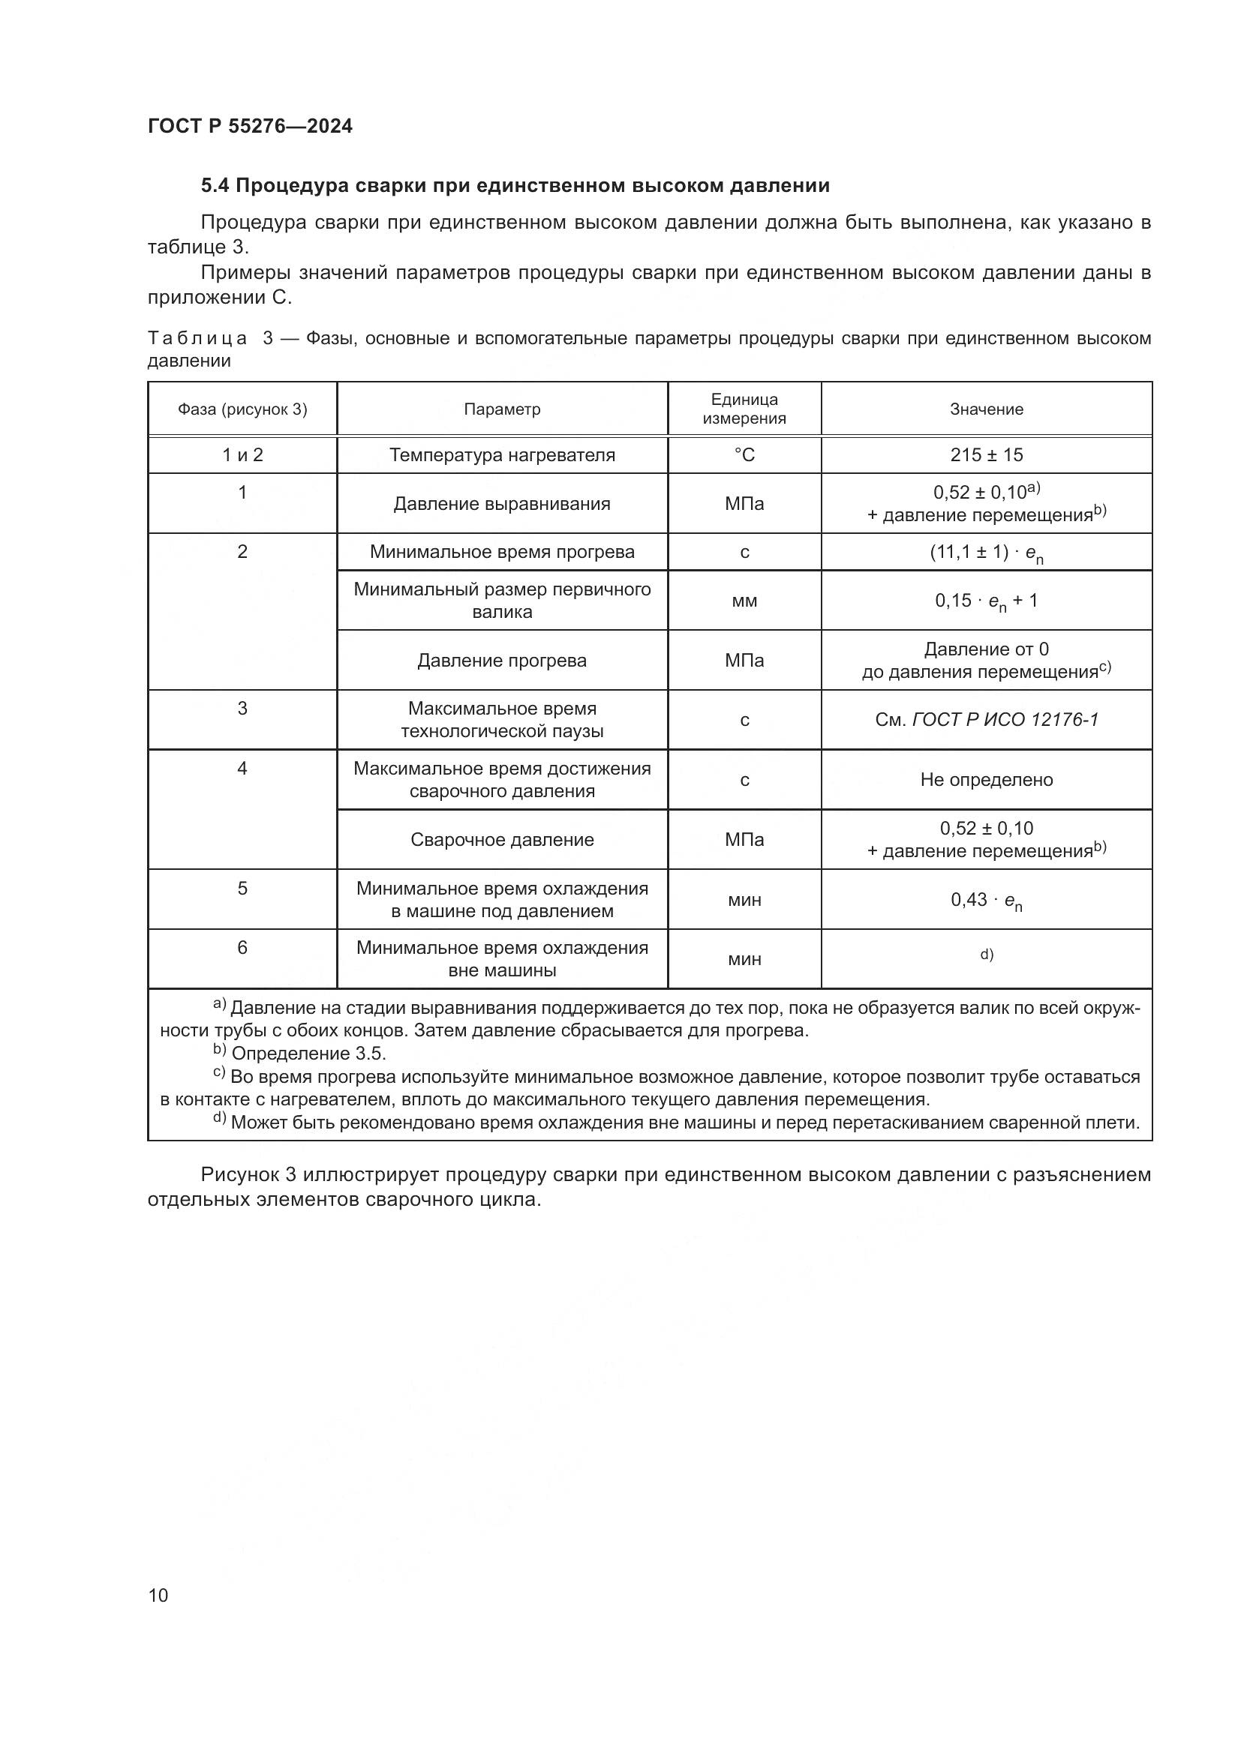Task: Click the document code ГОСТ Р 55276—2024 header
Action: tap(250, 127)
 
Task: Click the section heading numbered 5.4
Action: tap(515, 186)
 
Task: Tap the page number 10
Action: tap(158, 1595)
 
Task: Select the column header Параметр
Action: tap(502, 409)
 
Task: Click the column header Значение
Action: tap(986, 409)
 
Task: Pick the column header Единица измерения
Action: tap(744, 409)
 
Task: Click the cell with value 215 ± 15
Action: tap(986, 455)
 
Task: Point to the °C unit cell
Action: tap(744, 455)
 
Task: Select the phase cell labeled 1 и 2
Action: tap(242, 455)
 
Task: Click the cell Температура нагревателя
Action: tap(502, 455)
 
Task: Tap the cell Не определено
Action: tap(986, 780)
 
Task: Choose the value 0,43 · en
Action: tap(986, 901)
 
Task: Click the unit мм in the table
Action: tap(744, 601)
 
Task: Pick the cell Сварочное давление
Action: tap(502, 840)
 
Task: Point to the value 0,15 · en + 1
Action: tap(986, 601)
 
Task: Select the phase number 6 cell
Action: tap(242, 948)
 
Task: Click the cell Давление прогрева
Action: tap(502, 661)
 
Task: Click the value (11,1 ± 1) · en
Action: tap(986, 553)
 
